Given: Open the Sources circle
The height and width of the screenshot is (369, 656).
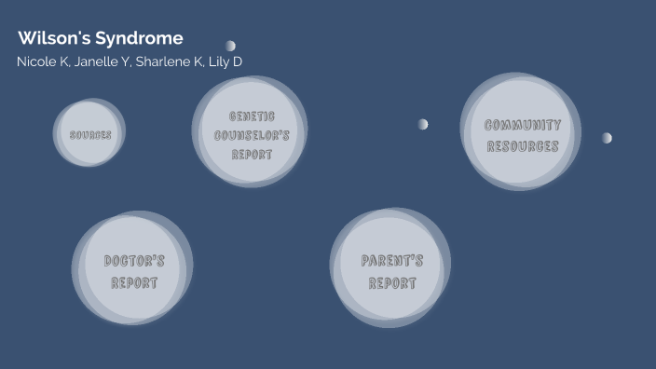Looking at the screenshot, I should tap(90, 134).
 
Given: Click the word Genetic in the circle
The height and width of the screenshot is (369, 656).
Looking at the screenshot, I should tap(252, 116).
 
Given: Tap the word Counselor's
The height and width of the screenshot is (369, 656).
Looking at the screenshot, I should tap(252, 135).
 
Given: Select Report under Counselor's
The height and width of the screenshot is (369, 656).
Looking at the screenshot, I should tap(252, 154).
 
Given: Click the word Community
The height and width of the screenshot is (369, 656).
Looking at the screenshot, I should tap(523, 125).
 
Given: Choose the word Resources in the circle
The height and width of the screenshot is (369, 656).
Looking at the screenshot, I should tap(523, 146).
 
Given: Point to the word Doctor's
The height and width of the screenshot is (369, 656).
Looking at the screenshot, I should tap(134, 261).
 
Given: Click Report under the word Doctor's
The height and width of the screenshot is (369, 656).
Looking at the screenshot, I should tap(134, 282).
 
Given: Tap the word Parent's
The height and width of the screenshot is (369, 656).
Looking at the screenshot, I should tap(392, 261).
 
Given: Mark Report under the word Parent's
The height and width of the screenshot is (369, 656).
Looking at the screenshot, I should tap(392, 282).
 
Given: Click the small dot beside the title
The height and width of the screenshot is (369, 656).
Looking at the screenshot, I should tap(230, 46).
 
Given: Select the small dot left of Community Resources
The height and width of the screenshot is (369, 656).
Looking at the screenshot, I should tap(423, 124).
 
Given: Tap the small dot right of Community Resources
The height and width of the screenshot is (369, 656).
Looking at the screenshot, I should tap(607, 138).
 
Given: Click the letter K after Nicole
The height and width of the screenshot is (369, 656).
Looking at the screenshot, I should tap(63, 61).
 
